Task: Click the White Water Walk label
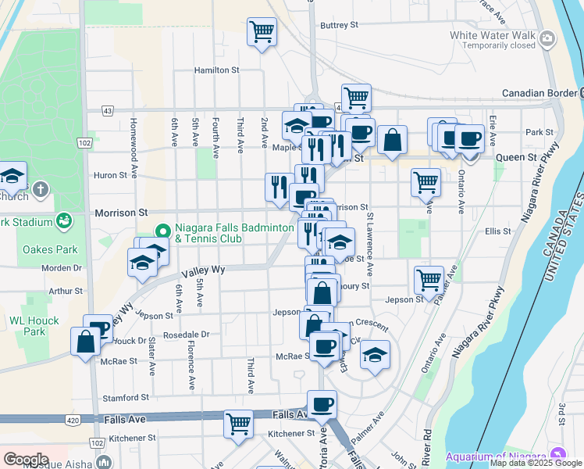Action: tap(492, 35)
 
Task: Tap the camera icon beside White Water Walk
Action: tap(547, 38)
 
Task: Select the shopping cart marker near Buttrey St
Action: tap(262, 32)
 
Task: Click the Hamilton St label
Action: tap(217, 70)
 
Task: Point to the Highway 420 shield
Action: tap(73, 420)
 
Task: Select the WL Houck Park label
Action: tap(28, 327)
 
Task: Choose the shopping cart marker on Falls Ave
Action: tap(239, 424)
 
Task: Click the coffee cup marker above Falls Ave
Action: tap(322, 404)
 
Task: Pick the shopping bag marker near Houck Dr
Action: tap(85, 342)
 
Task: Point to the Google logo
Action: tap(25, 460)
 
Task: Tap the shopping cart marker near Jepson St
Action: tap(429, 279)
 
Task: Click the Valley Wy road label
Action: tap(203, 270)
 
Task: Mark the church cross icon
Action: tap(41, 189)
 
